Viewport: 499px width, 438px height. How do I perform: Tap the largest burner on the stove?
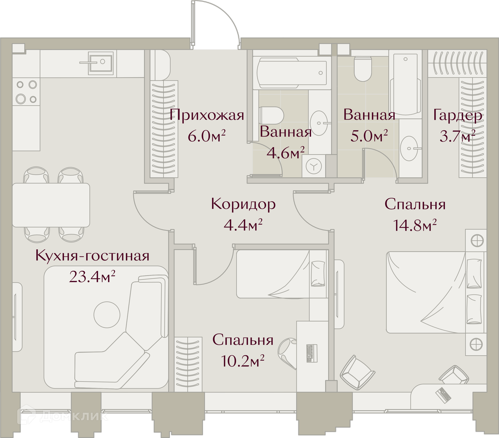click(21, 99)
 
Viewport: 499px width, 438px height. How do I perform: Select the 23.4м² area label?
click(92, 277)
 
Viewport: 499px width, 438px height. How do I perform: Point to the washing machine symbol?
click(314, 166)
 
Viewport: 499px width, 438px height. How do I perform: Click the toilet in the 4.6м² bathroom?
click(271, 115)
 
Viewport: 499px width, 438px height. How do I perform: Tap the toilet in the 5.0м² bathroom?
click(363, 69)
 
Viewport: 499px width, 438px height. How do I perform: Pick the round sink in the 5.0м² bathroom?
click(409, 148)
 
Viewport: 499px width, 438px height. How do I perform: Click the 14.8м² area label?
click(415, 225)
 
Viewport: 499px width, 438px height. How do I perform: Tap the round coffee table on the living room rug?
click(107, 314)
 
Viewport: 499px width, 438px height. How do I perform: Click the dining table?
click(51, 205)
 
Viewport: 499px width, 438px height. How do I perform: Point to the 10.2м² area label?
click(242, 361)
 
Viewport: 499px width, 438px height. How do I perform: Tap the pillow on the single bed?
click(318, 273)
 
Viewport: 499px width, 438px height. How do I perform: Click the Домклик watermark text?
click(74, 416)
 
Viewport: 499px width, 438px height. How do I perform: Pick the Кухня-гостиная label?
click(93, 256)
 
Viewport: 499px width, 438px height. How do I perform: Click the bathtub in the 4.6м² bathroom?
click(292, 73)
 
